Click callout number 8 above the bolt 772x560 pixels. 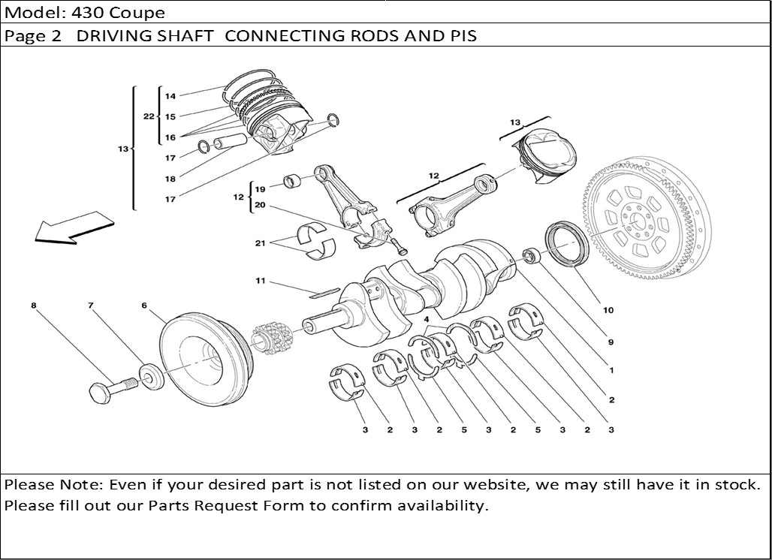coord(34,306)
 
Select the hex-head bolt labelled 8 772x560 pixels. coord(105,389)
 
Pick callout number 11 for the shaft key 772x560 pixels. coord(261,282)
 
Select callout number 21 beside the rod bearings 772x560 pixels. coord(261,243)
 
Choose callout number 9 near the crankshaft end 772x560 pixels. coord(611,342)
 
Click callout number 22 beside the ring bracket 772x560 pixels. coord(149,116)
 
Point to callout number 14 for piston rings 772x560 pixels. coord(170,96)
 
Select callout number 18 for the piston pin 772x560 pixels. coord(170,179)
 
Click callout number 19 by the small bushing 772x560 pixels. coord(260,189)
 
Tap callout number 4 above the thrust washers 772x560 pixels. coord(426,320)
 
